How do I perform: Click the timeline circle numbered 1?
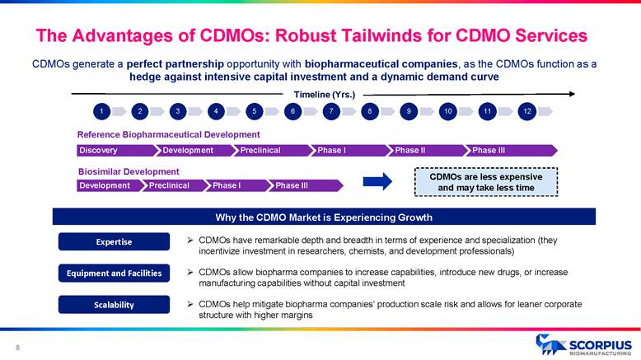point(101,110)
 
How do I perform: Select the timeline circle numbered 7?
point(330,110)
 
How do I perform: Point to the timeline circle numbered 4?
point(214,110)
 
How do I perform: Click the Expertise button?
point(110,241)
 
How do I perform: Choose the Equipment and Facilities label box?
point(110,273)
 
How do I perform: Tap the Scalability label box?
point(110,304)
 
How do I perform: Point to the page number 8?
point(17,346)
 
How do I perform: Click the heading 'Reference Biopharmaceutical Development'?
point(168,134)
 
